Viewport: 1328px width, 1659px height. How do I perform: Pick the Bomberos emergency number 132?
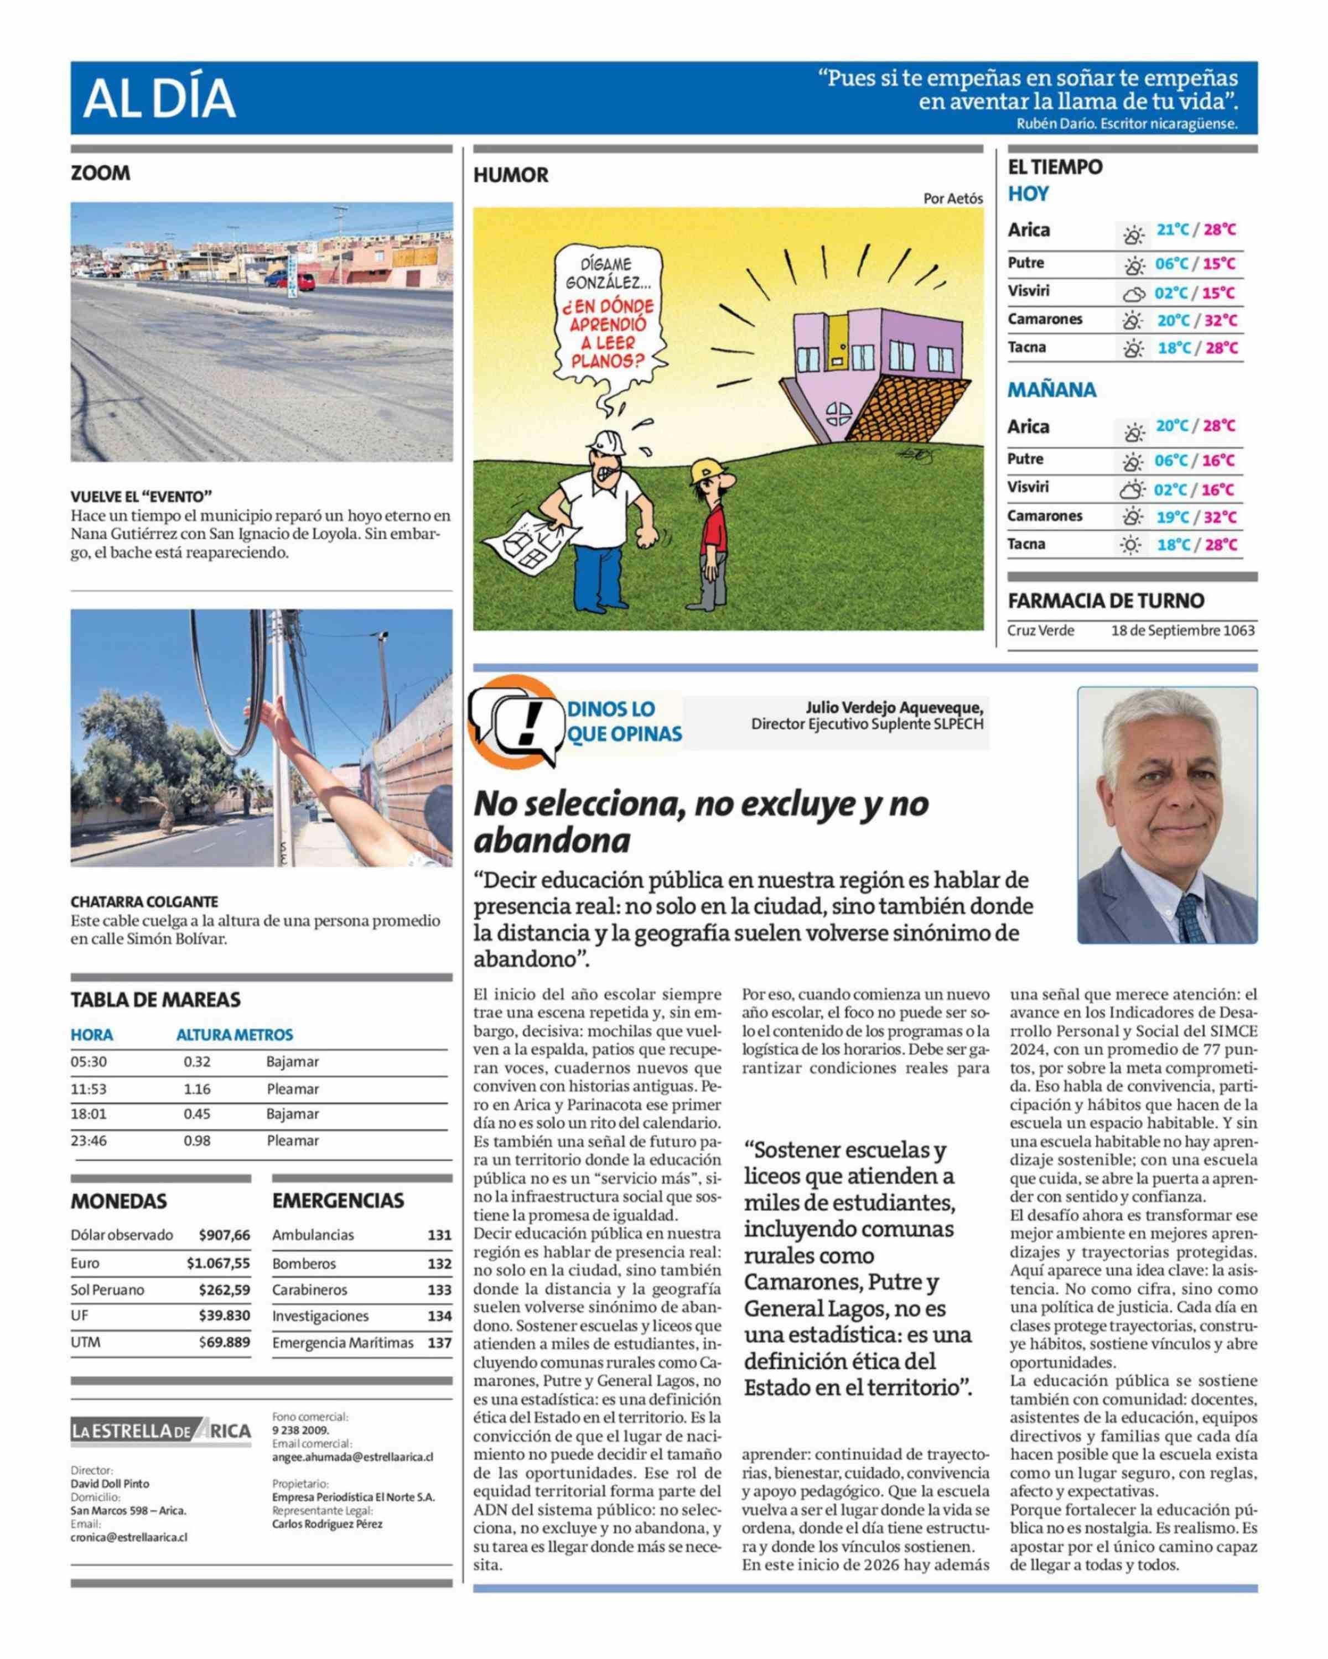pos(439,1264)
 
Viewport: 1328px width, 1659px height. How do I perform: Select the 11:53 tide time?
pos(89,1089)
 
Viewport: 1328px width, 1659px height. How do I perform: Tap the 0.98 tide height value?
pos(197,1140)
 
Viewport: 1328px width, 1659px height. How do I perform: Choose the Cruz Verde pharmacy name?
pos(1040,630)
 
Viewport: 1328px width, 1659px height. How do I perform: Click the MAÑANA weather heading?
pos(1052,390)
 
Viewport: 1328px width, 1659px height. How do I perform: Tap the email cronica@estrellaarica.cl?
pos(129,1537)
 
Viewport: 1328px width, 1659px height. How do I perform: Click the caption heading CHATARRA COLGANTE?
pos(144,901)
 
